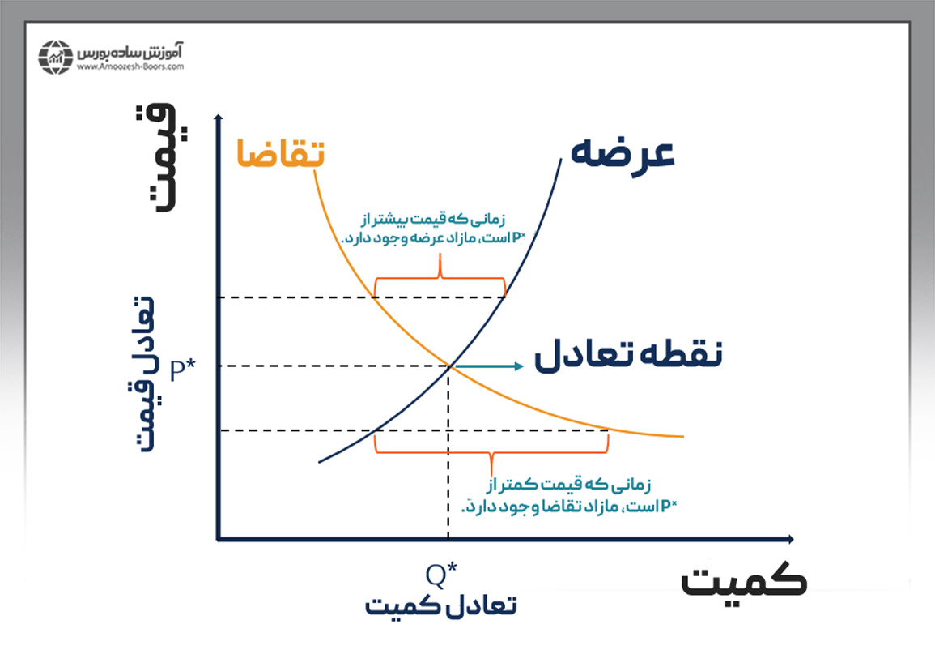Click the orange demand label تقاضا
coord(280,152)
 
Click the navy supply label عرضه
coord(623,152)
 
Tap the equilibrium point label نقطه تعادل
coord(628,355)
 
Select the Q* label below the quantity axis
coord(442,574)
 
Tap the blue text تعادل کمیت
coord(440,605)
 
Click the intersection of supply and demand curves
coord(448,366)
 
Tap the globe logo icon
coord(56,55)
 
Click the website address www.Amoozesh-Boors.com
coord(130,67)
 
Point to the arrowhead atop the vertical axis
coord(218,118)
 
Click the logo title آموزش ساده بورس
coord(131,51)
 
